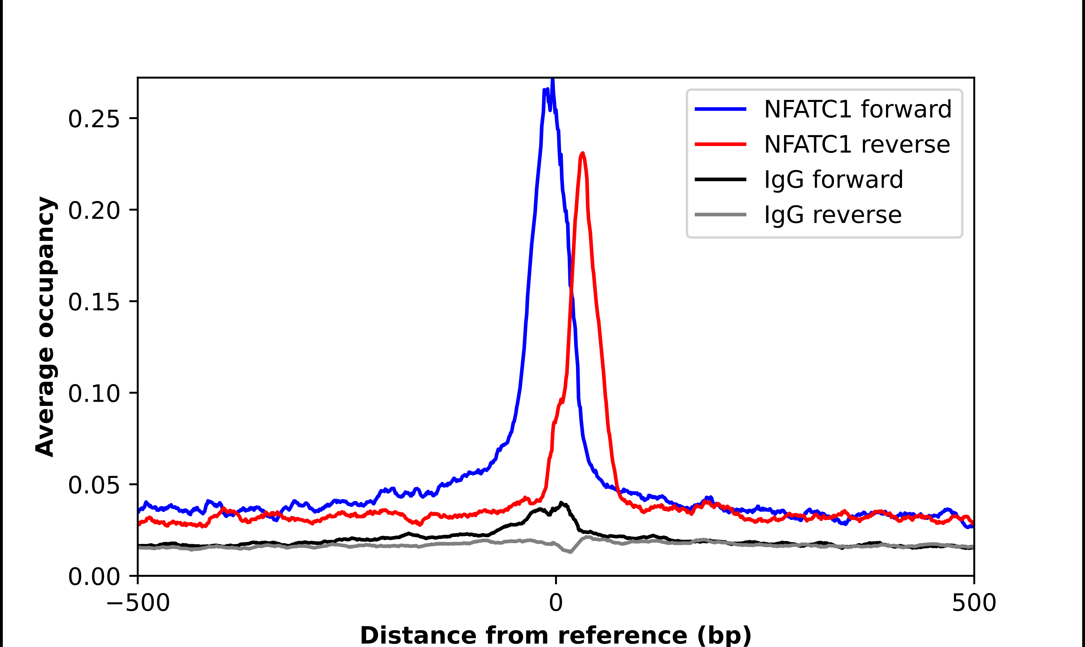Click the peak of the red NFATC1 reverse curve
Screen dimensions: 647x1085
583,153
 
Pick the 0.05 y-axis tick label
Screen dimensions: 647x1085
94,485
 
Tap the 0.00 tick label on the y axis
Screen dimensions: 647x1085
94,576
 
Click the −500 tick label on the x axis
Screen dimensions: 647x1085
138,603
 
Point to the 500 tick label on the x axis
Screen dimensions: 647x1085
974,603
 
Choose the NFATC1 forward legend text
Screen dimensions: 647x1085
858,109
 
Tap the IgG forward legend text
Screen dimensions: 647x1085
833,180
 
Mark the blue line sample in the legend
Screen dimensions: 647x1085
720,109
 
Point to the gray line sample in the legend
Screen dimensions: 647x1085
720,214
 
